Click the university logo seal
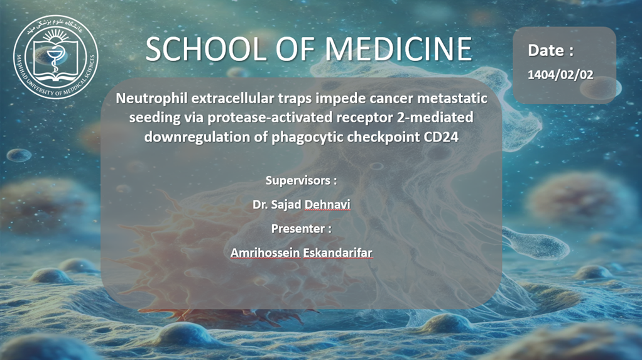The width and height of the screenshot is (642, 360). pos(56,57)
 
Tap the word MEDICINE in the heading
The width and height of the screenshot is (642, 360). pos(398,50)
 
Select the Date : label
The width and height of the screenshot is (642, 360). pos(551,50)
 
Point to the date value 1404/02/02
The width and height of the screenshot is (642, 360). pos(560,75)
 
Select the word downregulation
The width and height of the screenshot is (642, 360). pos(197,137)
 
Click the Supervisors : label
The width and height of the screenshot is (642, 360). pos(301,180)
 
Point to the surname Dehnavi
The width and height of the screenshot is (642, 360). pos(326,204)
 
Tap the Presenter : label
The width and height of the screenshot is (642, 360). pos(301,229)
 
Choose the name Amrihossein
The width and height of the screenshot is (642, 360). pos(265,253)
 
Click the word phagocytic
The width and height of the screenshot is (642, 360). pos(307,137)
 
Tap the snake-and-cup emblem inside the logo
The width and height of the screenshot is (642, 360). pos(53,60)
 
